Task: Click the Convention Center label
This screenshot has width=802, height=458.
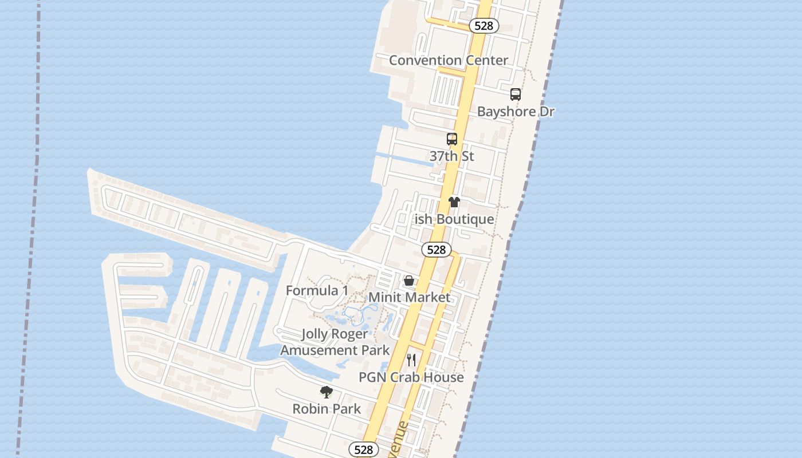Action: pos(448,60)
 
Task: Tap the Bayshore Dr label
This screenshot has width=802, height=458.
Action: pos(516,111)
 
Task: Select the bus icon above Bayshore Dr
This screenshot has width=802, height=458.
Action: pos(516,94)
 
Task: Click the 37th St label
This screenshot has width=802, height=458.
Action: pos(451,156)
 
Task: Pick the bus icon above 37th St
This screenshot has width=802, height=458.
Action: pos(452,139)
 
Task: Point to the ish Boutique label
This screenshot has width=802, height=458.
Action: pos(454,219)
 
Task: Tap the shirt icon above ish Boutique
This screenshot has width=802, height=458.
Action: pos(454,202)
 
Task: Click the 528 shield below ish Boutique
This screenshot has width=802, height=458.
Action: pos(437,250)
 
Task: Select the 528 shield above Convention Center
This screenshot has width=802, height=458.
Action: pos(483,26)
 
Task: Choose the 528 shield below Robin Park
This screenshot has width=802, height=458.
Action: pos(364,450)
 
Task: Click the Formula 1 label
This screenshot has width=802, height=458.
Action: pos(317,290)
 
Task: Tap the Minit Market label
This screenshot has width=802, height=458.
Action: pos(409,297)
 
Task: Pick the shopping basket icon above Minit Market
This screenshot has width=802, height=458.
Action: pos(409,281)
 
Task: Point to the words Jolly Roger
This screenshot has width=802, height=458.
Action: pos(335,334)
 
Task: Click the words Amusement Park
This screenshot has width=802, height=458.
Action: pos(335,350)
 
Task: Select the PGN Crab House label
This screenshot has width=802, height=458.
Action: pos(411,377)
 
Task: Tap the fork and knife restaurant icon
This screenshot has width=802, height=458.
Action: pos(411,360)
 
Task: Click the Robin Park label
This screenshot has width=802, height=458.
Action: pos(327,409)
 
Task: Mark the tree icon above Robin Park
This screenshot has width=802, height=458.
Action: pos(327,392)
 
